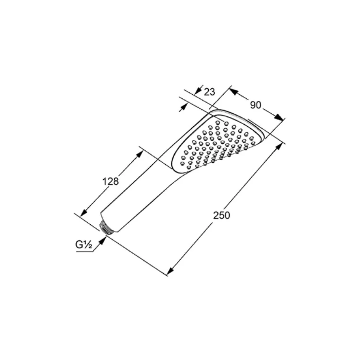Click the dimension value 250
221,215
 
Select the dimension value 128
111,181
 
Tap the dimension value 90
256,105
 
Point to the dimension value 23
210,92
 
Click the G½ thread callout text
84,245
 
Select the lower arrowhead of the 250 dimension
170,271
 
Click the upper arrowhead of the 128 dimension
139,154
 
